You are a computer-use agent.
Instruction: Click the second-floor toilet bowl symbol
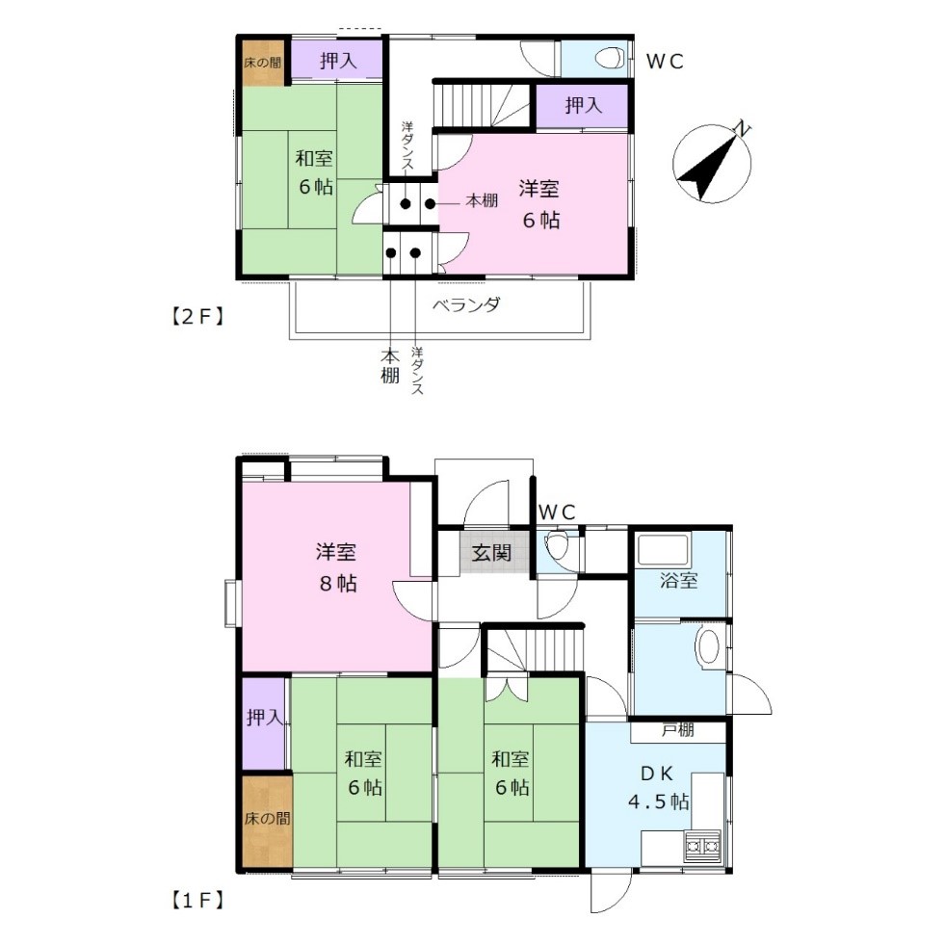pos(610,59)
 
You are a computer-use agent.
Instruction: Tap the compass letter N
pos(743,128)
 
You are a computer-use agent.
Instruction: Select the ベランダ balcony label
pos(467,305)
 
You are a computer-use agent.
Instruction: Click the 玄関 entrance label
pos(492,551)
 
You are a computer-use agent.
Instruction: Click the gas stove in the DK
pos(702,846)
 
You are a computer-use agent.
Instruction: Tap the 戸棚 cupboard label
pos(678,730)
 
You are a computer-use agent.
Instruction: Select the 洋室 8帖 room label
pos(335,567)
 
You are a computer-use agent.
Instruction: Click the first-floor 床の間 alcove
pos(267,819)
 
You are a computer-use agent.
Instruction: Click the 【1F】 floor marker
pos(197,901)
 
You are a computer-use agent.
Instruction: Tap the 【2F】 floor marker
pos(197,316)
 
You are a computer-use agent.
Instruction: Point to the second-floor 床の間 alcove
pos(263,62)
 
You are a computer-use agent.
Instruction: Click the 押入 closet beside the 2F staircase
pos(582,106)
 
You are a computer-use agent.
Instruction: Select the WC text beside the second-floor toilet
pos(665,62)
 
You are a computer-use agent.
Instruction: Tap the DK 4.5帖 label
pos(658,787)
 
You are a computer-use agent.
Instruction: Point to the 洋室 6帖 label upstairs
pos(540,204)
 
